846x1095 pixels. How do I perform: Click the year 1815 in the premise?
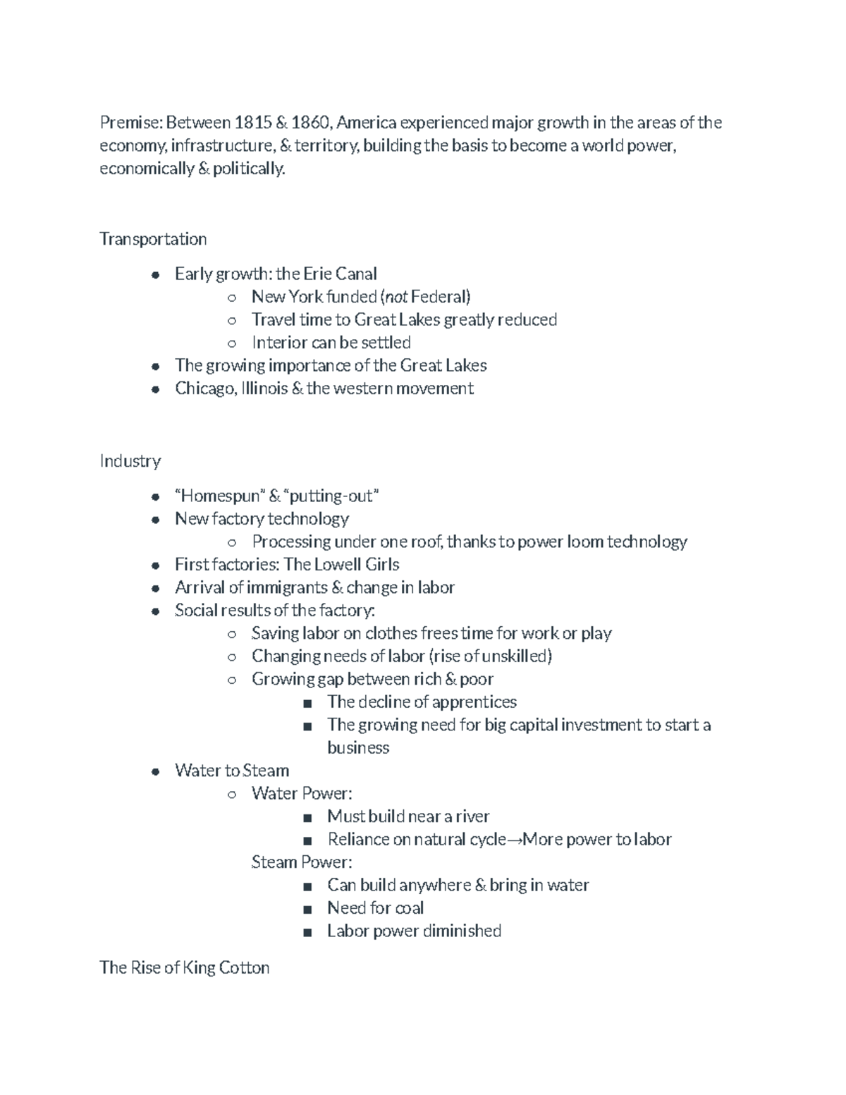(x=252, y=123)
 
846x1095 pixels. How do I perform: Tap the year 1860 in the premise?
(x=310, y=123)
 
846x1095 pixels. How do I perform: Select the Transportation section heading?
(x=153, y=239)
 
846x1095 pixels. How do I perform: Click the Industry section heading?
(x=130, y=461)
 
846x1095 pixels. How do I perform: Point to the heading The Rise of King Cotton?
(x=185, y=967)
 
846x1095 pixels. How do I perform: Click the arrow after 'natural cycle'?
(x=515, y=840)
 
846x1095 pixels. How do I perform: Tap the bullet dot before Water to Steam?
(x=155, y=771)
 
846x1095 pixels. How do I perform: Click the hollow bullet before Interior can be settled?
(x=232, y=343)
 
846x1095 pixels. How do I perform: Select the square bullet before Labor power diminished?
(x=307, y=932)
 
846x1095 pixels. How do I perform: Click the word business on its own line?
(x=358, y=747)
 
